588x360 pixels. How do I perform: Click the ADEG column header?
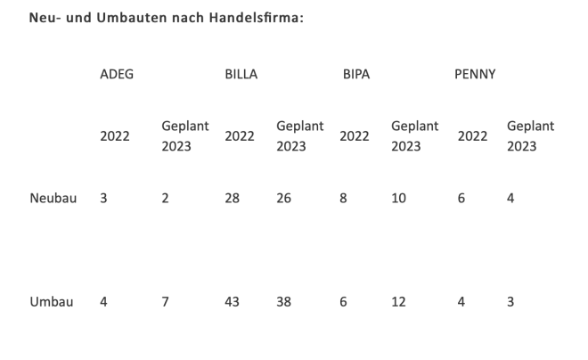[x=117, y=74]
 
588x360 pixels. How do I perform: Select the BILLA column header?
[x=241, y=74]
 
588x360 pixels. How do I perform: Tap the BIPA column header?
[x=355, y=74]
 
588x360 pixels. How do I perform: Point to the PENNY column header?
[x=475, y=74]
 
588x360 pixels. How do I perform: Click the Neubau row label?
[x=53, y=199]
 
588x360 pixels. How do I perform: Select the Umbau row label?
[x=52, y=302]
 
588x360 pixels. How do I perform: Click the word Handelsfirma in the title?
[x=257, y=18]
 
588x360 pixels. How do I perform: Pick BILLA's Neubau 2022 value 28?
[x=233, y=199]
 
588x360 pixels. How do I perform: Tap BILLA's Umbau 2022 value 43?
[x=233, y=302]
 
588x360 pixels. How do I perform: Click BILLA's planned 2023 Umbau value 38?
[x=285, y=302]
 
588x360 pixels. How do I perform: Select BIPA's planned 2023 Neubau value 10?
[x=398, y=199]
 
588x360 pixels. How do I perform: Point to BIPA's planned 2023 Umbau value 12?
[x=398, y=302]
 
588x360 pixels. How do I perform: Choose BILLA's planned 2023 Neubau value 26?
[x=285, y=199]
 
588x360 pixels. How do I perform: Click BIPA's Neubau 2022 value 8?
[x=343, y=199]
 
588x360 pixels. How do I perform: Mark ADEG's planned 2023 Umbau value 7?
[x=165, y=302]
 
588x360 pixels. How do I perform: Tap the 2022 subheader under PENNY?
[x=472, y=136]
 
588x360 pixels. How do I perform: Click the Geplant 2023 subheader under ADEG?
[x=184, y=136]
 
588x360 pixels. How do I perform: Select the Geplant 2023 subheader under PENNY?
[x=530, y=136]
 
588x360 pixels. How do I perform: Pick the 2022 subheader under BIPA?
[x=355, y=136]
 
